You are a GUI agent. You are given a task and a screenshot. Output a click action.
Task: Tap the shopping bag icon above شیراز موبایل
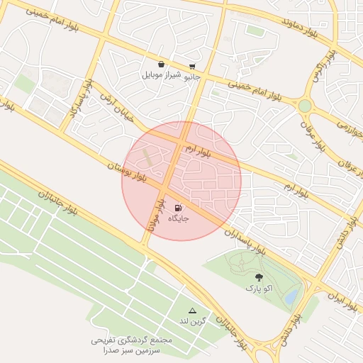click(x=162, y=64)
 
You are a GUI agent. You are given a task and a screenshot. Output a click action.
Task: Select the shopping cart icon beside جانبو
click(x=192, y=66)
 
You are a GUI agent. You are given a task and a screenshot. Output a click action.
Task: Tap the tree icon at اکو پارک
click(x=257, y=278)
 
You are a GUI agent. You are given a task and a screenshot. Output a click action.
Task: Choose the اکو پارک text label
click(x=258, y=289)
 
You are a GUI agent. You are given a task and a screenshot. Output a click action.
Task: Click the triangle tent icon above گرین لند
click(x=191, y=311)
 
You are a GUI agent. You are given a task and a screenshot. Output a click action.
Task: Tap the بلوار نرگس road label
click(x=320, y=69)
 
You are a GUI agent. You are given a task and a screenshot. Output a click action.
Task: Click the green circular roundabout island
click(x=305, y=106)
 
